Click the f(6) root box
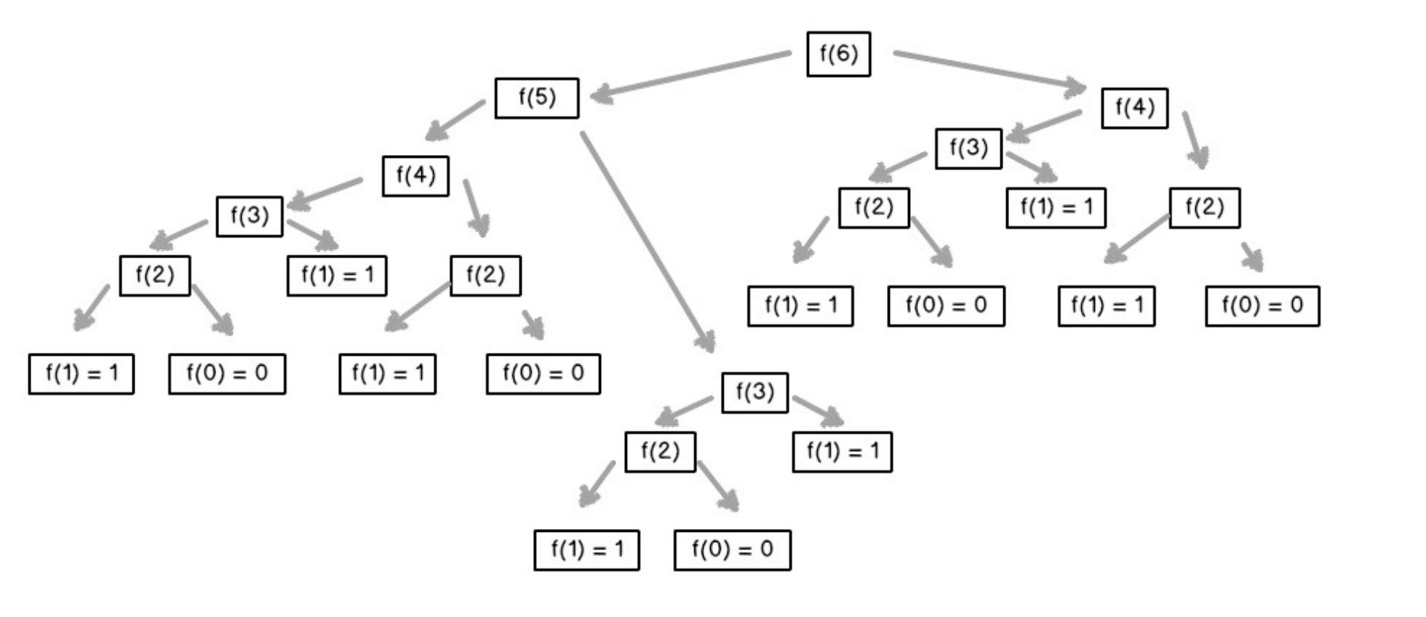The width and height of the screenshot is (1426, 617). (x=838, y=54)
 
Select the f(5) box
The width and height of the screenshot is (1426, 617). (x=537, y=98)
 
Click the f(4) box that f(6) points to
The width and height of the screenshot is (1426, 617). (x=1134, y=108)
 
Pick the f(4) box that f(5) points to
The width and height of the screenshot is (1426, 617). (x=415, y=176)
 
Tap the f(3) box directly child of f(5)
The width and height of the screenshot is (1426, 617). (x=754, y=393)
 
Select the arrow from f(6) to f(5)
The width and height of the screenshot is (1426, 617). (x=691, y=73)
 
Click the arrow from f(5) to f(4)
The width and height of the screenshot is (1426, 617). (x=455, y=120)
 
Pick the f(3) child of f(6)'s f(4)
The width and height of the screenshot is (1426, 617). (x=968, y=148)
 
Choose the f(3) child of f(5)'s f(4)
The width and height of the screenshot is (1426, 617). (x=250, y=216)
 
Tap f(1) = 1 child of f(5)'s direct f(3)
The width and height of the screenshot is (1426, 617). (x=842, y=452)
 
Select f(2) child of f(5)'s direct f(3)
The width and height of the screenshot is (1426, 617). (x=660, y=452)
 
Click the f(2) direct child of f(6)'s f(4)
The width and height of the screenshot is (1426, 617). (x=1204, y=208)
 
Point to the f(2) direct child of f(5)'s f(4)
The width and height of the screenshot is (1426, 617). (x=485, y=276)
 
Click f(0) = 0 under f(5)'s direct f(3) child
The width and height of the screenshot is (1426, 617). (x=732, y=550)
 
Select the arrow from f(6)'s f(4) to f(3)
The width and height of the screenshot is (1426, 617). (x=1045, y=124)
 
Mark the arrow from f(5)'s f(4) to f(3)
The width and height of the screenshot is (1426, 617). (x=325, y=192)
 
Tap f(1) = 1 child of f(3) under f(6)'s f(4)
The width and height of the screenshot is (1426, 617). (x=1056, y=208)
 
